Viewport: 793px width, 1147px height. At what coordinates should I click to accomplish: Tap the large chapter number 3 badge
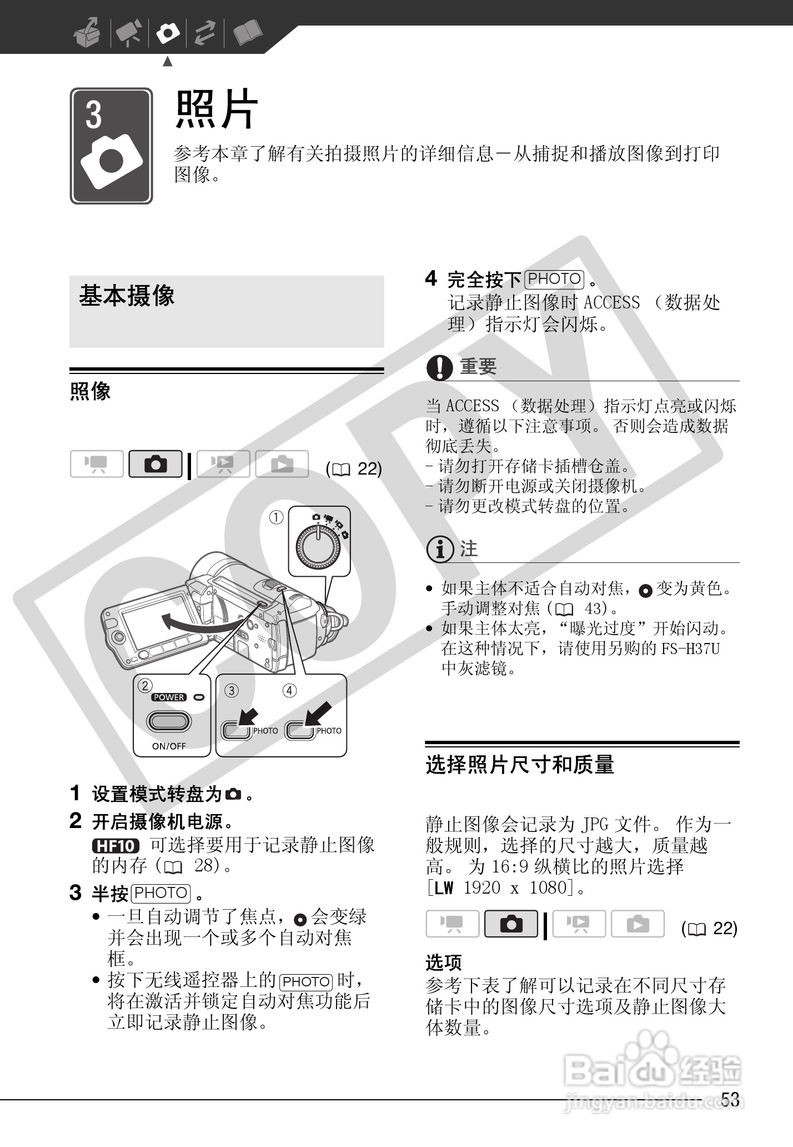111,146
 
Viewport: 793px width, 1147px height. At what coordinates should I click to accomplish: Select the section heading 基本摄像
127,296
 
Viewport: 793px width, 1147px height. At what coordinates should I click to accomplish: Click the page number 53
730,1099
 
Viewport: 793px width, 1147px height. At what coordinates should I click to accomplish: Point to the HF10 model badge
116,846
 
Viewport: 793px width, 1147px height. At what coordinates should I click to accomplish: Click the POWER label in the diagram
169,697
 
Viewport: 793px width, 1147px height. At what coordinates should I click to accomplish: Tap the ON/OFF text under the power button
169,746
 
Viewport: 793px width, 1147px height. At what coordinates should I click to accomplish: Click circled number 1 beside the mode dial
276,517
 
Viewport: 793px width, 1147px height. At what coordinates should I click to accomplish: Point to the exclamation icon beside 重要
439,367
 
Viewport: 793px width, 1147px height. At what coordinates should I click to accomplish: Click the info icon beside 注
439,550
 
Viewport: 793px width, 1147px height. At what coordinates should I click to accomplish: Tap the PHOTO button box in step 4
554,279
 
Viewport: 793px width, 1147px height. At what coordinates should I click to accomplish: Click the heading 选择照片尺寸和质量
520,765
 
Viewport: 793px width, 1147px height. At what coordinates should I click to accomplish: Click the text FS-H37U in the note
690,649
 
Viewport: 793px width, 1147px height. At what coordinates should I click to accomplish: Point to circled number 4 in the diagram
289,691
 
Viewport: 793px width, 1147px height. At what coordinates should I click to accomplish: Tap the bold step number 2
76,820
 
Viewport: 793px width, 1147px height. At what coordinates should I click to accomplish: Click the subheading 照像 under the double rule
90,391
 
